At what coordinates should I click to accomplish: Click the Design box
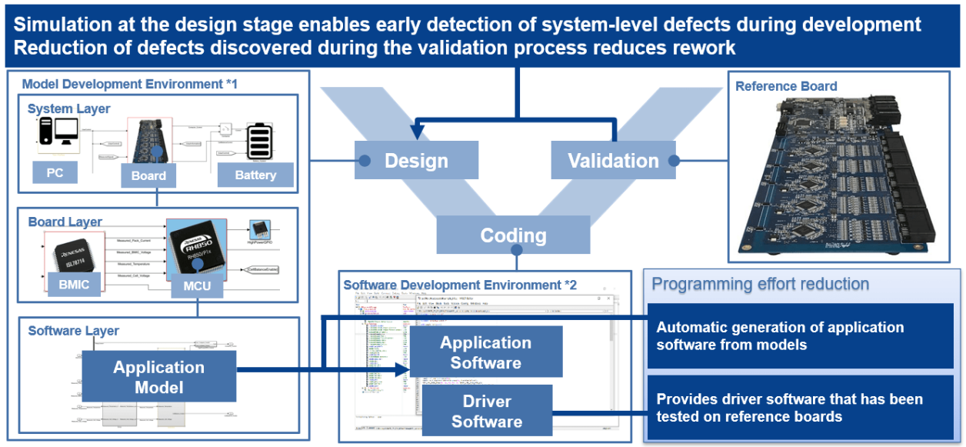[x=416, y=161]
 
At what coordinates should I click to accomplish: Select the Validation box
[x=613, y=161]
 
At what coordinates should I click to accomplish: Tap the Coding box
[x=513, y=235]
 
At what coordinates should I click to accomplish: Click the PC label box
[x=55, y=173]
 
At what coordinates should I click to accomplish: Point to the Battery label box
[x=255, y=175]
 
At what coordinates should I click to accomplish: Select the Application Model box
[x=159, y=376]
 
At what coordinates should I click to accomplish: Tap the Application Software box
[x=485, y=352]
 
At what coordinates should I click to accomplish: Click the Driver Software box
[x=486, y=411]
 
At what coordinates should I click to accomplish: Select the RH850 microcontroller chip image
[x=196, y=245]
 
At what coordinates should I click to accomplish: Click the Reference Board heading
[x=786, y=86]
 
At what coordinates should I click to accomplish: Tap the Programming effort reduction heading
[x=760, y=284]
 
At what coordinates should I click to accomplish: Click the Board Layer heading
[x=65, y=222]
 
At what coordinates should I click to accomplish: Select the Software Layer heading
[x=74, y=331]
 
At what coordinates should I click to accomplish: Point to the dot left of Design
[x=365, y=161]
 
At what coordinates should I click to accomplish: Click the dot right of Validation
[x=674, y=161]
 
